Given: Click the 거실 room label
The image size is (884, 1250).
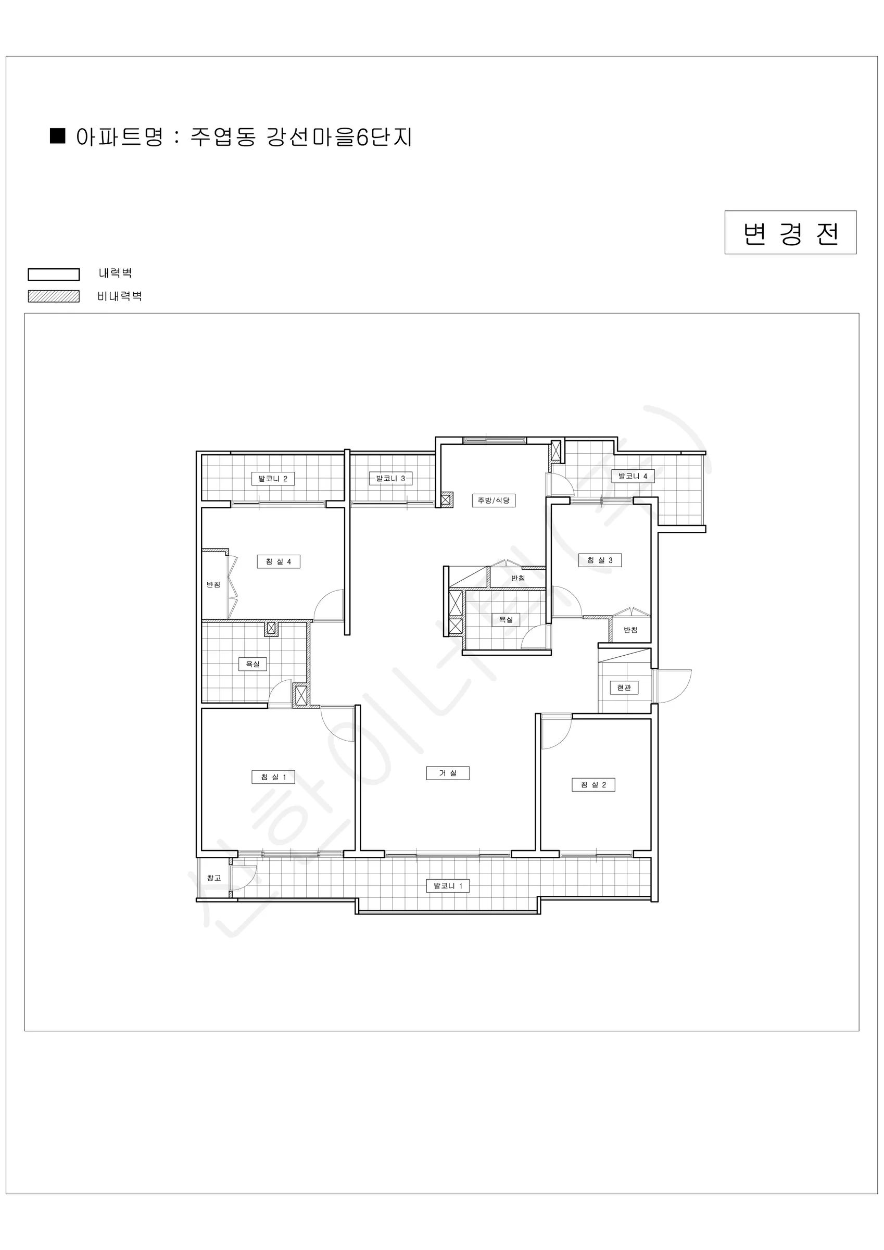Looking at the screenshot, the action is point(447,772).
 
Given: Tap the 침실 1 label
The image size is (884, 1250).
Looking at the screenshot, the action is point(273,777).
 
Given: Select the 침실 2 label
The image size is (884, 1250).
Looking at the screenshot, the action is point(593,784).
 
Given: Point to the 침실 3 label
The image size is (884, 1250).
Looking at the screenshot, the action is point(600,560).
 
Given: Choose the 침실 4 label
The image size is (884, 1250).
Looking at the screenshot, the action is point(278,561).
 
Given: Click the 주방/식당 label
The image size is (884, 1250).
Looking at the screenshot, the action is point(493,500).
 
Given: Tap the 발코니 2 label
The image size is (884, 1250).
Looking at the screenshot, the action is point(273,478).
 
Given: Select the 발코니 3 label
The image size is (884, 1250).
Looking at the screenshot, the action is point(390,478).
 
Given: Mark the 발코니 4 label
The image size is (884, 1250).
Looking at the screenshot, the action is point(633,476).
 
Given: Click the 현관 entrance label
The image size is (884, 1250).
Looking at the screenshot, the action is point(624,687).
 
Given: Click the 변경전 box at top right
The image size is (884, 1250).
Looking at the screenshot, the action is point(790,232).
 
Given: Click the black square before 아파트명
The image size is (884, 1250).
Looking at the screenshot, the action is point(58,135).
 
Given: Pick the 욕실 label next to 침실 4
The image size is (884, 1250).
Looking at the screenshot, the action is point(252,664).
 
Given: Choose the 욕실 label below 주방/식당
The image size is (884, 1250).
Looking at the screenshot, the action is point(506,619).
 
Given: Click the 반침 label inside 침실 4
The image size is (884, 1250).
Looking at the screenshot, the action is point(213,584).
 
